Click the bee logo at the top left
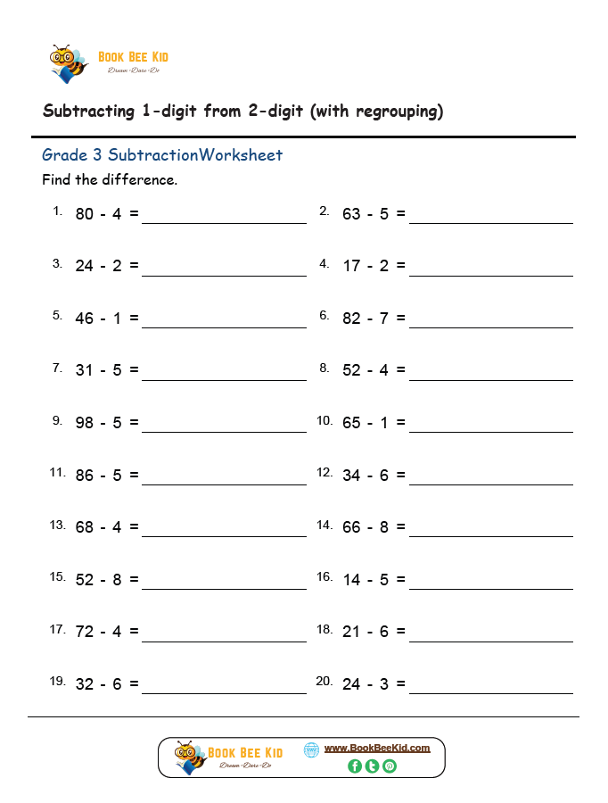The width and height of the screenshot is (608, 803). click(68, 63)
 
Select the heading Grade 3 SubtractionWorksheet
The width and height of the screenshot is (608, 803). click(162, 155)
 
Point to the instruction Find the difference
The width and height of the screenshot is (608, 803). click(110, 180)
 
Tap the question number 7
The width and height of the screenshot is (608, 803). click(57, 368)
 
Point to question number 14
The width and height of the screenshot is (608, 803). click(325, 525)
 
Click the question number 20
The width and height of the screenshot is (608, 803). click(324, 682)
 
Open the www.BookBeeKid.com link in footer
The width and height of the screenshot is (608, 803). click(376, 748)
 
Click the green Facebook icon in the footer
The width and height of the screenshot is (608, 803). click(355, 766)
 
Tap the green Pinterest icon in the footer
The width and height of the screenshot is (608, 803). click(390, 766)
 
